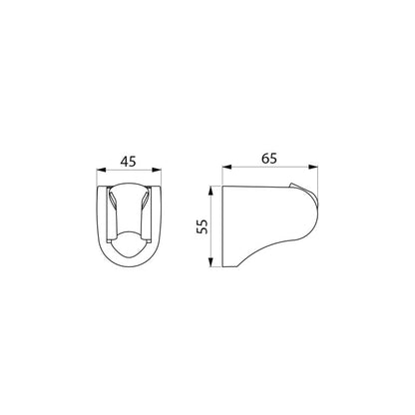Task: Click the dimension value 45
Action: pyautogui.click(x=128, y=162)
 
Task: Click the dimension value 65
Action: pyautogui.click(x=268, y=159)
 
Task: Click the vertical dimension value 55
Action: pyautogui.click(x=203, y=226)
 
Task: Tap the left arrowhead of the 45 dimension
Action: pyautogui.click(x=101, y=170)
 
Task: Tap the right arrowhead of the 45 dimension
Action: pyautogui.click(x=157, y=170)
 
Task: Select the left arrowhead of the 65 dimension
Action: pyautogui.click(x=227, y=167)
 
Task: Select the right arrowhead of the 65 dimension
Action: pyautogui.click(x=313, y=167)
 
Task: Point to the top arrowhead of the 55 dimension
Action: pyautogui.click(x=210, y=192)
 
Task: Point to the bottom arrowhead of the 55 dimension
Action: pyautogui.click(x=210, y=261)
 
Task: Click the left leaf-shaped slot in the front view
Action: pyautogui.click(x=113, y=201)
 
